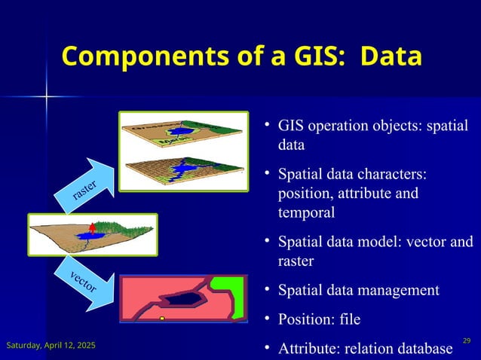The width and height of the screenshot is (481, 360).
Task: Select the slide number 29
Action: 467,342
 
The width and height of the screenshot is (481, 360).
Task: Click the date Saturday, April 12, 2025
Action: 51,345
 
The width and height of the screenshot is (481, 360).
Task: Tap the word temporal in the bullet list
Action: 307,213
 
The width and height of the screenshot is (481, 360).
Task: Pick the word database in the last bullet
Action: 425,347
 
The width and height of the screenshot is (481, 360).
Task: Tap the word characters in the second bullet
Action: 390,175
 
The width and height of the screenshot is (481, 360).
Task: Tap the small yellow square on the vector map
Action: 162,319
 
